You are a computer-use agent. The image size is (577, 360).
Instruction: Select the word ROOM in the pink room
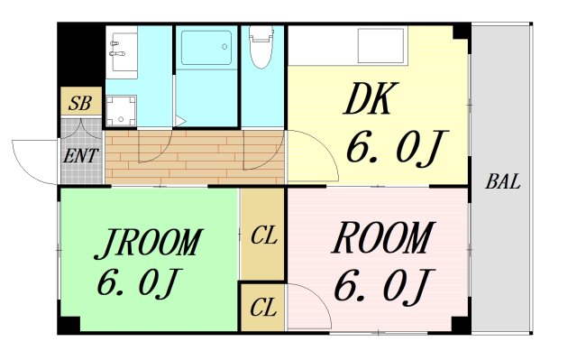click(x=380, y=239)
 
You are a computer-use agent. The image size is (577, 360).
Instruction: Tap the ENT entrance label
click(x=81, y=154)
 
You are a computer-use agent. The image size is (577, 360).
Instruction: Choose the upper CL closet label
click(x=263, y=236)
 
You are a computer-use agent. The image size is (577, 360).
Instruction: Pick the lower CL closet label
click(x=263, y=309)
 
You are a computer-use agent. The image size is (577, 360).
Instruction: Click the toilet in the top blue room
click(x=261, y=50)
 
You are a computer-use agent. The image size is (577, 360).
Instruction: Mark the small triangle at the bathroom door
click(x=181, y=120)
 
